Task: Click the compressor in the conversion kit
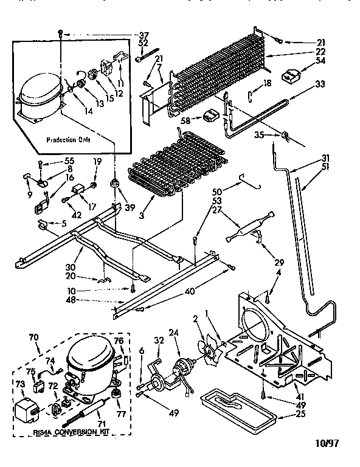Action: pos(89,367)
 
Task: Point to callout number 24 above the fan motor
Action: pos(175,333)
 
